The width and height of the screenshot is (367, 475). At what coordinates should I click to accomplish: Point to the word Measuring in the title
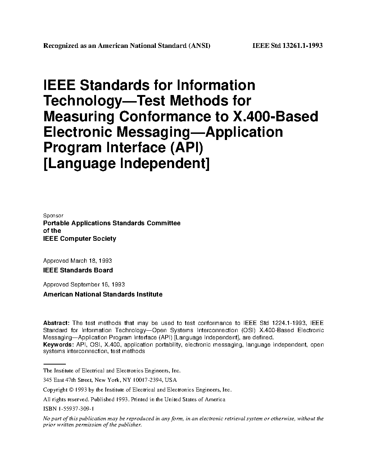coord(79,117)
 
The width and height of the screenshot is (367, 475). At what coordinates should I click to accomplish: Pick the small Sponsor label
coord(53,216)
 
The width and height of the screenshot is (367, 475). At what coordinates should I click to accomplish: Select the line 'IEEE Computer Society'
coord(80,239)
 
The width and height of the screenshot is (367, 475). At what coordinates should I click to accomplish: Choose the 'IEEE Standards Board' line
coord(78,270)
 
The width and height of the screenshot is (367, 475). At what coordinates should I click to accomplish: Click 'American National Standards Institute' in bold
coord(103,294)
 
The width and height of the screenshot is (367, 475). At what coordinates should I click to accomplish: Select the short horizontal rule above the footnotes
coord(54,365)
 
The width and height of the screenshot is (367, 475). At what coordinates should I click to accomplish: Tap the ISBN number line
coord(68,409)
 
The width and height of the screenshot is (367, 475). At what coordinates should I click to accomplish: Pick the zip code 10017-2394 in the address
coord(148,380)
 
